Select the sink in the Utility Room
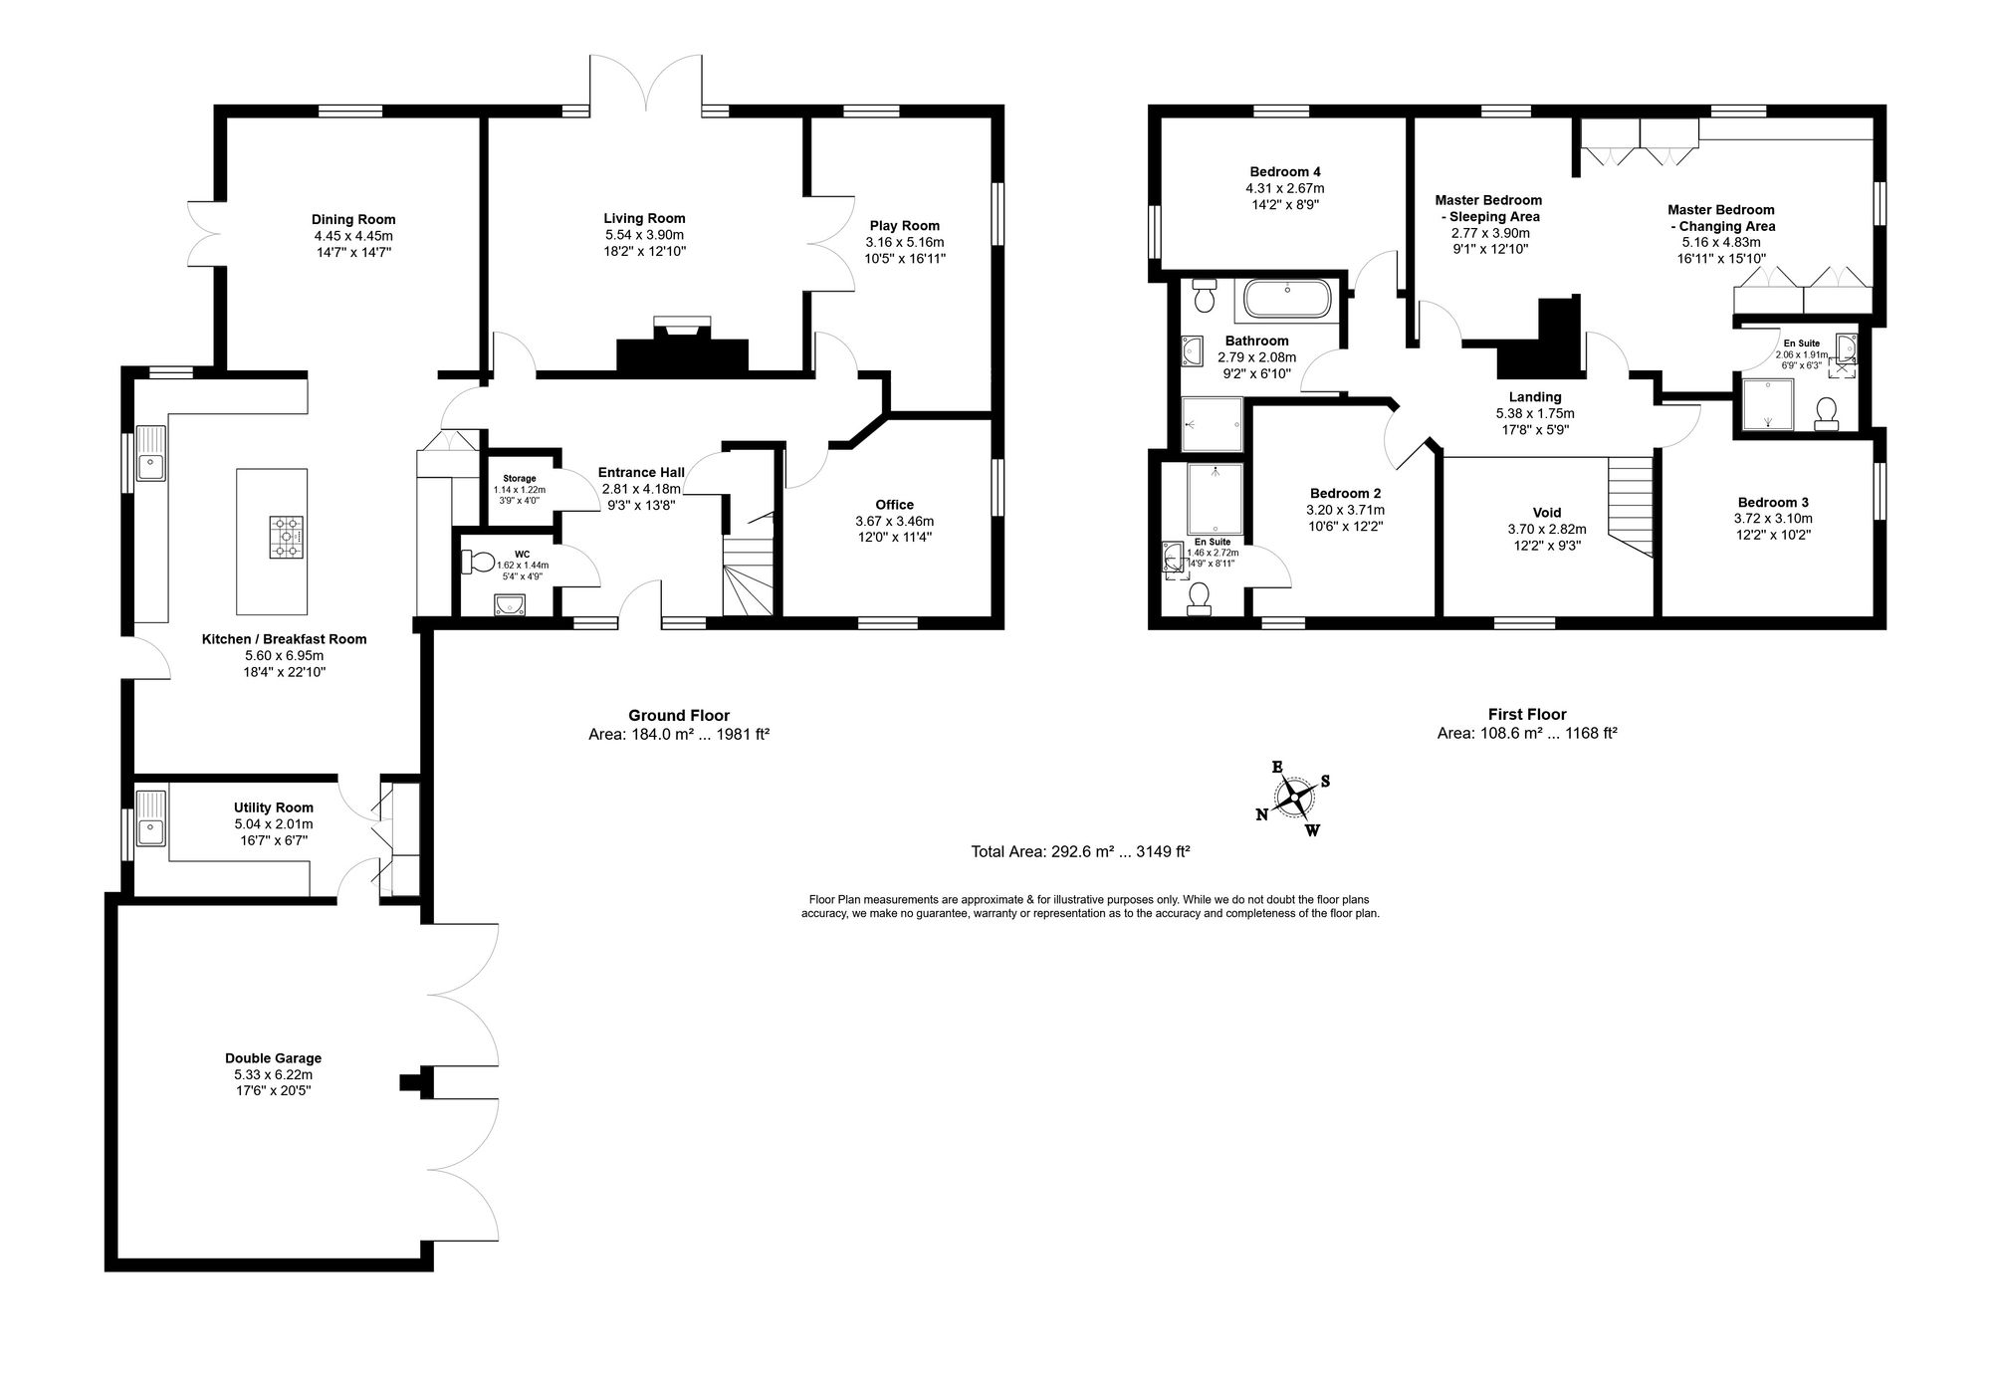point(151,817)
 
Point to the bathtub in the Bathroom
point(1288,299)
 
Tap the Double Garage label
point(273,1058)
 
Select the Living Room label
point(644,218)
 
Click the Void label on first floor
point(1547,513)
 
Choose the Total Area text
point(1080,851)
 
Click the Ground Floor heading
point(678,715)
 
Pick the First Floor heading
point(1527,714)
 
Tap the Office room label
point(894,505)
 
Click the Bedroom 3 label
point(1772,502)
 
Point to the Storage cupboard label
point(519,479)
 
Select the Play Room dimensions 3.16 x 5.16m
point(904,242)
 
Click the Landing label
point(1535,396)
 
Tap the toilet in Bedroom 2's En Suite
point(1199,595)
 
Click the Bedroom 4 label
point(1284,171)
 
